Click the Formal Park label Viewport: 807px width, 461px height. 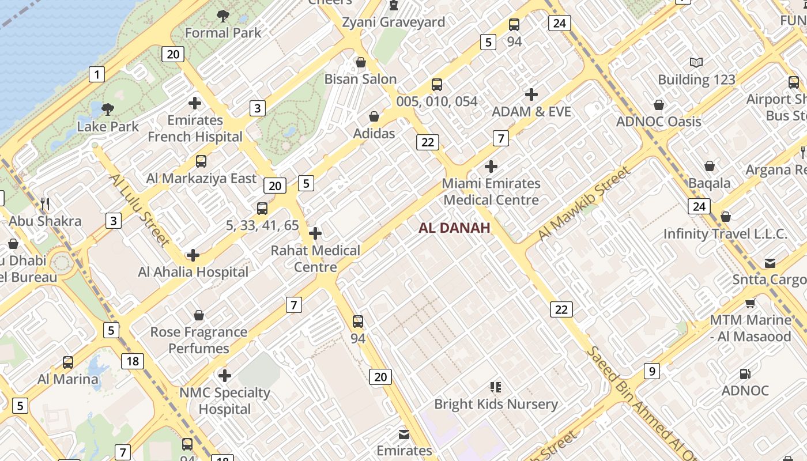pos(223,33)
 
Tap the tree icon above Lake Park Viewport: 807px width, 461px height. pos(107,109)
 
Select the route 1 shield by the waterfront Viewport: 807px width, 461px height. pos(97,74)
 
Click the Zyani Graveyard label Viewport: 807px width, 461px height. pos(394,22)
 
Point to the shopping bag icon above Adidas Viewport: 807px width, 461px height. pos(374,116)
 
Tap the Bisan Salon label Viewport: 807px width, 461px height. pos(361,79)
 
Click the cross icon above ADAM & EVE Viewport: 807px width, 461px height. pos(531,94)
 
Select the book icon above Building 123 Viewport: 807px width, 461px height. pos(696,62)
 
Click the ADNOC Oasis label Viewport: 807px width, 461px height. pos(659,122)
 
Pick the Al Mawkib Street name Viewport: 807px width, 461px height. pos(583,203)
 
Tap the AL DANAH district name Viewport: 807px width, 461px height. pos(454,228)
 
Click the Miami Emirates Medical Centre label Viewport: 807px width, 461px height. pos(491,192)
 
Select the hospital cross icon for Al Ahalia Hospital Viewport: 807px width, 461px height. pos(193,255)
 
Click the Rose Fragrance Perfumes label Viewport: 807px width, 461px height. pos(199,340)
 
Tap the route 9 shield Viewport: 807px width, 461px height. pos(651,371)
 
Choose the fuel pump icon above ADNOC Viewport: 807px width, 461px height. pos(745,374)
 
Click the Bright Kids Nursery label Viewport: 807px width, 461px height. pos(496,404)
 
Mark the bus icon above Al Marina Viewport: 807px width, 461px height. pos(68,362)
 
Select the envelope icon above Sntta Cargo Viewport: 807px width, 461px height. pos(770,263)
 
